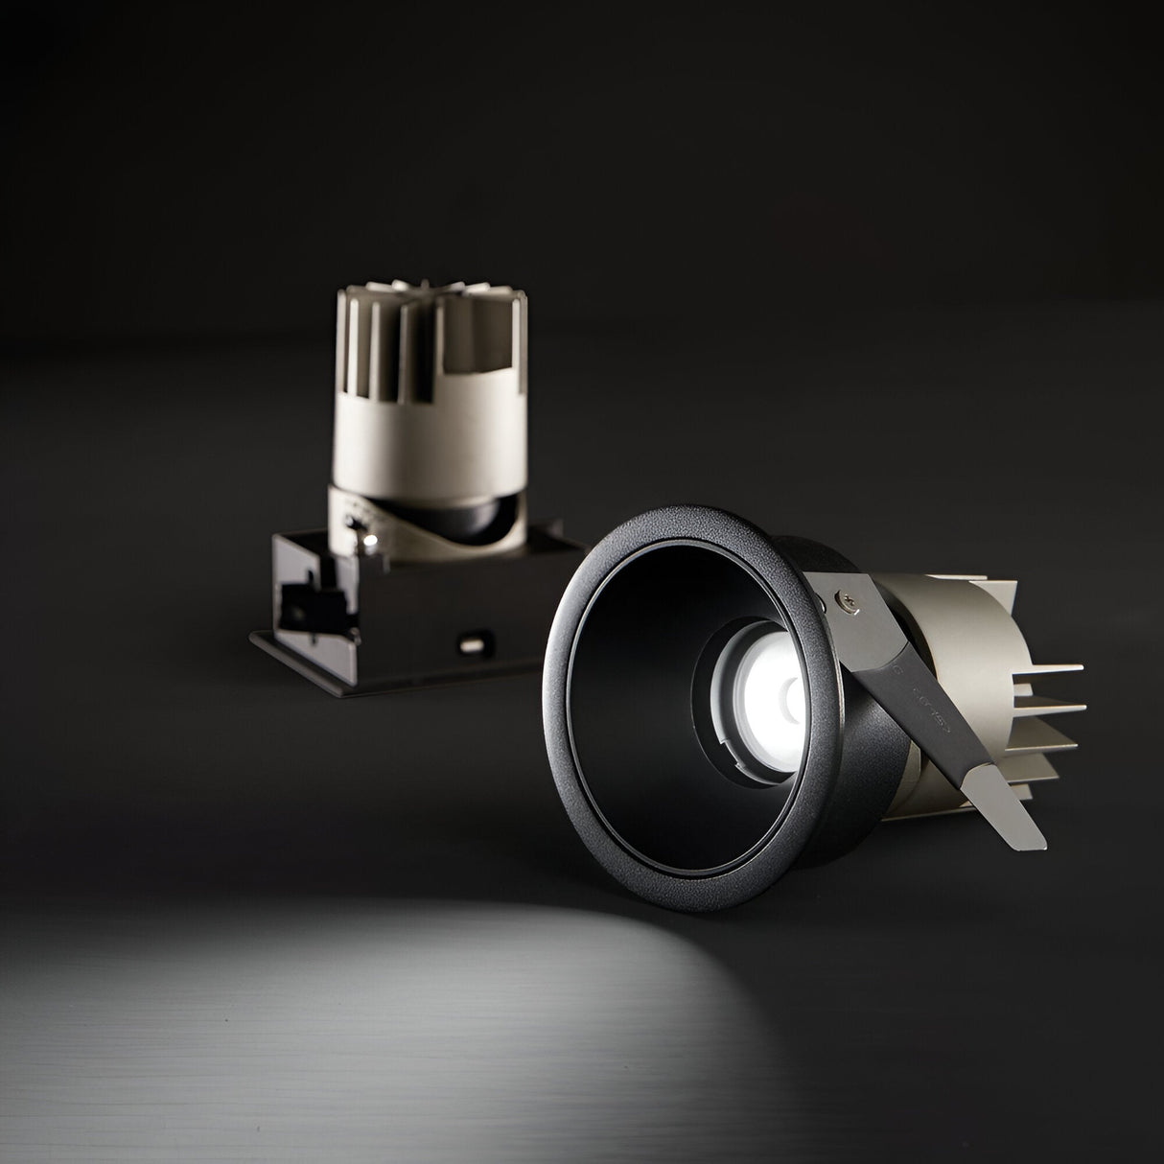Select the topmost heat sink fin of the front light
tap(1055, 667)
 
